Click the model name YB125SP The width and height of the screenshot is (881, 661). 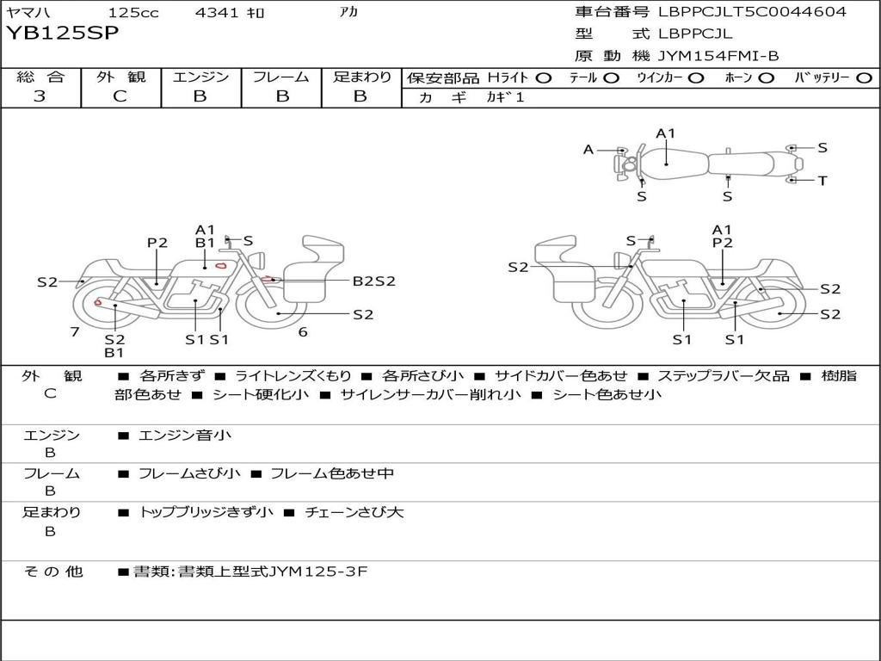(x=64, y=34)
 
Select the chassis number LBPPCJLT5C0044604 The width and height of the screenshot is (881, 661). (x=752, y=12)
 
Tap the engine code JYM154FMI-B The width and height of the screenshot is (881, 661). (x=718, y=56)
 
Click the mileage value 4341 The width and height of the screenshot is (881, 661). (x=217, y=13)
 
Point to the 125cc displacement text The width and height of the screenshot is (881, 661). (x=134, y=13)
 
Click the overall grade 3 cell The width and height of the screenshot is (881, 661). (x=40, y=96)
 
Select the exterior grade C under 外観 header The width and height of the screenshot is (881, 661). (x=120, y=96)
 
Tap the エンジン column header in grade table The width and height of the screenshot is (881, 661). (x=200, y=77)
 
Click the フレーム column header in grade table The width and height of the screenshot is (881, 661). (x=280, y=77)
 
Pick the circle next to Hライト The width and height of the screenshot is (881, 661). (x=543, y=78)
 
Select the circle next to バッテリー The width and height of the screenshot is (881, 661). (x=865, y=78)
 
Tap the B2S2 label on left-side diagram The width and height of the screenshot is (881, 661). (x=373, y=281)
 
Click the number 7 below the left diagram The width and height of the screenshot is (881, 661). (x=75, y=331)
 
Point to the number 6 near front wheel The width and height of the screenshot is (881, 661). (x=302, y=331)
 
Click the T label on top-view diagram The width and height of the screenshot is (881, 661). (x=822, y=181)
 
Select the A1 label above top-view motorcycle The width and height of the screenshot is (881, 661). (x=666, y=133)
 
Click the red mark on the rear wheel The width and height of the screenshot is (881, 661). (x=97, y=302)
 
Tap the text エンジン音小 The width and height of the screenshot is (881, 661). (x=185, y=436)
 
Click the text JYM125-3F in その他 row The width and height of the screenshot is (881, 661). (x=318, y=571)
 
